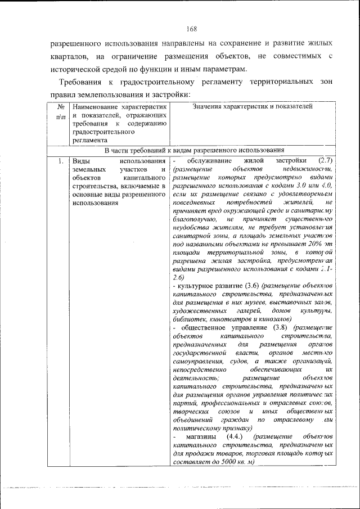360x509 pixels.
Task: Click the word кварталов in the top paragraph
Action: (68, 56)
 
